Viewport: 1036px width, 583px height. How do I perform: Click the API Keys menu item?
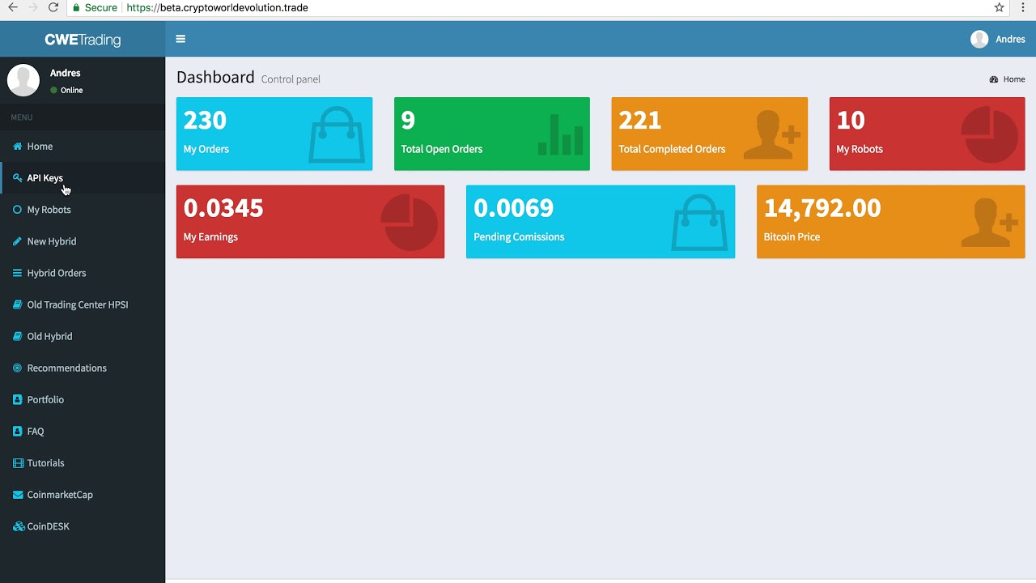click(x=45, y=178)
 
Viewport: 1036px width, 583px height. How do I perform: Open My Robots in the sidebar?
click(x=49, y=210)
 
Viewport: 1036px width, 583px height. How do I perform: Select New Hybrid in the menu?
click(x=51, y=241)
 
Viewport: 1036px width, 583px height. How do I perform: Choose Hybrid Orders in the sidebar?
click(x=56, y=273)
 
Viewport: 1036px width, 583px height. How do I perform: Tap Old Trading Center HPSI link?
click(x=77, y=304)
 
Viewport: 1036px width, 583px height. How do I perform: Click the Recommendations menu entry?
click(x=66, y=368)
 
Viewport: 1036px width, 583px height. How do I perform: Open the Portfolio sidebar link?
click(x=45, y=399)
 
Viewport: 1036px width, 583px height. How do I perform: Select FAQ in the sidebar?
click(x=36, y=432)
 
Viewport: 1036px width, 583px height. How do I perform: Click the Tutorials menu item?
click(x=45, y=463)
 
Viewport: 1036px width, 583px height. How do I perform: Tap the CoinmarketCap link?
click(x=60, y=495)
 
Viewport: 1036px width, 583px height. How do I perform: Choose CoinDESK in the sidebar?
click(x=48, y=526)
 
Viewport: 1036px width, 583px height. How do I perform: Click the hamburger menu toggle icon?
click(x=180, y=39)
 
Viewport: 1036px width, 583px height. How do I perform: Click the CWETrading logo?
click(x=83, y=40)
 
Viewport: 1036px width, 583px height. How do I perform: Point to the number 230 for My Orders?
click(x=205, y=121)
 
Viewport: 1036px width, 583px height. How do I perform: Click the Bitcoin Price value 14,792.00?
click(x=822, y=208)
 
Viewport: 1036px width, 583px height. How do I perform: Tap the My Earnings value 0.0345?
click(x=223, y=208)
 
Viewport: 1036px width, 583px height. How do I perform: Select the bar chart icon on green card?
click(x=560, y=134)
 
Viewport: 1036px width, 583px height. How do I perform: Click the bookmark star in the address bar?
click(x=999, y=8)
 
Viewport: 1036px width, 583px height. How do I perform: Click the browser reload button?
click(x=53, y=8)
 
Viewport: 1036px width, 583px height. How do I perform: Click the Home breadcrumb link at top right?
click(x=1013, y=79)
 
